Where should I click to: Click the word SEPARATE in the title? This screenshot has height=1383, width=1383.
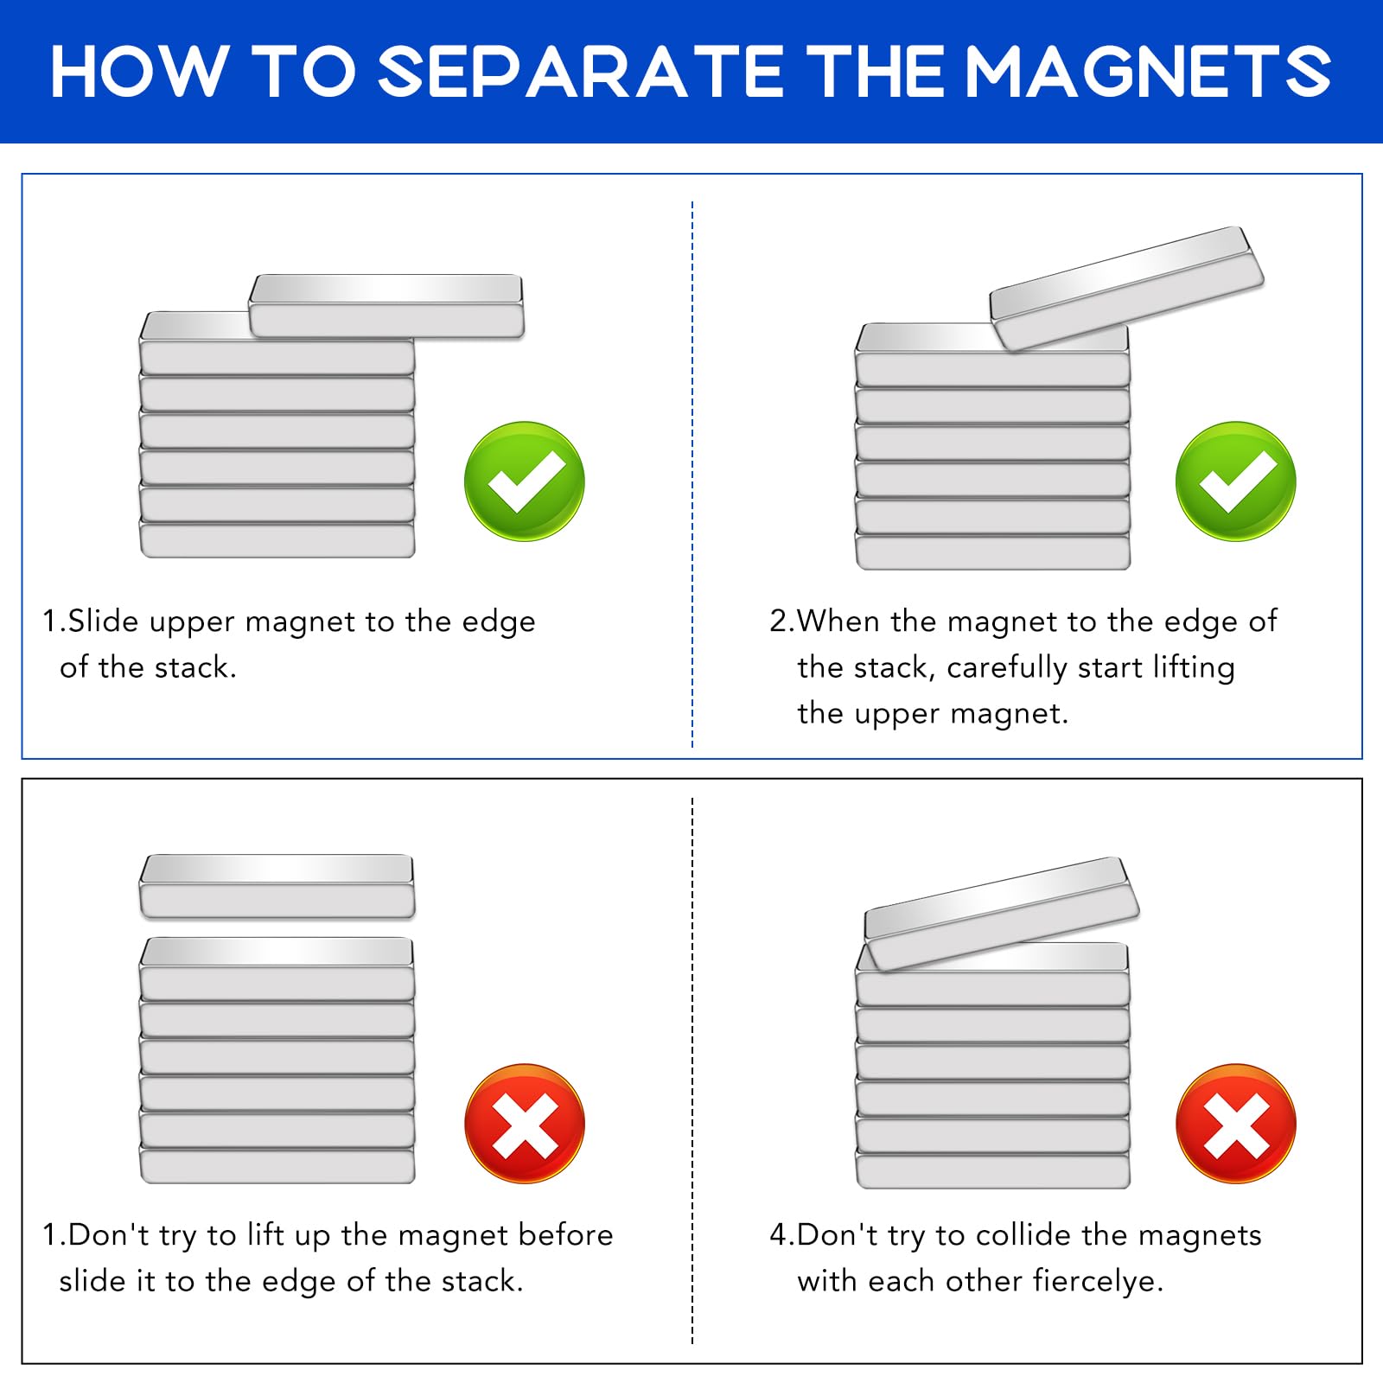(x=582, y=72)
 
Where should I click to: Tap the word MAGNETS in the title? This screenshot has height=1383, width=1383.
(x=1147, y=72)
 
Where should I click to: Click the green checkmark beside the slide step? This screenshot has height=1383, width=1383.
(x=525, y=481)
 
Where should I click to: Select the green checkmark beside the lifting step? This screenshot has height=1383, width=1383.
(x=1236, y=481)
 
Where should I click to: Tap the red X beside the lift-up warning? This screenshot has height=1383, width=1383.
(x=525, y=1123)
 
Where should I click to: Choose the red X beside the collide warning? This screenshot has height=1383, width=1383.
(x=1236, y=1123)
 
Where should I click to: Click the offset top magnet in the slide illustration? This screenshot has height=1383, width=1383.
(x=386, y=306)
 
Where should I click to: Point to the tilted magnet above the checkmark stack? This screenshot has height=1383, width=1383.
(x=1127, y=288)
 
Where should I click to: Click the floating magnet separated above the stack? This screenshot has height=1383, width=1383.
(x=277, y=886)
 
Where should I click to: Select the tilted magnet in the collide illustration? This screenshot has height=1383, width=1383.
(x=1002, y=913)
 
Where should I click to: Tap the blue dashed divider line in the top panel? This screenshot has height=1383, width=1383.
(x=692, y=474)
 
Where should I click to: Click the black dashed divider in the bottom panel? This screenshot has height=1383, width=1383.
(x=692, y=1071)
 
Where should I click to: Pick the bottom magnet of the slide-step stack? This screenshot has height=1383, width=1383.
(x=277, y=540)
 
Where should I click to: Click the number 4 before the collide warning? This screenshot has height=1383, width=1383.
(x=779, y=1235)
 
